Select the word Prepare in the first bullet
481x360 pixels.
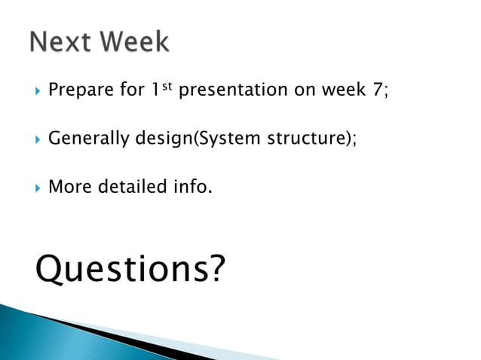[x=76, y=91]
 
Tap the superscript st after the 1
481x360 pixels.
[x=167, y=87]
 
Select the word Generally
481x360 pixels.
[x=83, y=139]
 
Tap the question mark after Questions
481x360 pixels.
[x=216, y=268]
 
